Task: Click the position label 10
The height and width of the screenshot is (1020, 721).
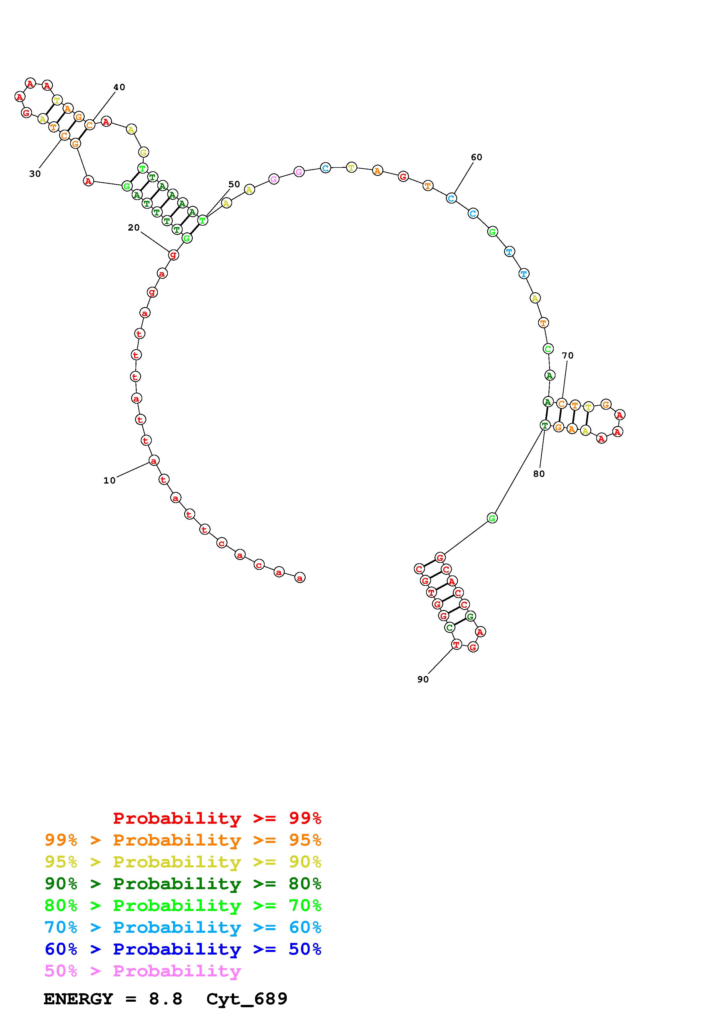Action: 109,480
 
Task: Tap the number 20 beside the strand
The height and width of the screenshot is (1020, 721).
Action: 134,227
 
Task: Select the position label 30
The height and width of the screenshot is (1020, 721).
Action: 35,174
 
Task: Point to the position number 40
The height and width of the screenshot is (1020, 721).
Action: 119,87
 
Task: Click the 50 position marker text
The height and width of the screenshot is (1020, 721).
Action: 234,184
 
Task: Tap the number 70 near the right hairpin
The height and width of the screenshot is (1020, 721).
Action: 568,355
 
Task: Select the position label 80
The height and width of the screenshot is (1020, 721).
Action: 539,474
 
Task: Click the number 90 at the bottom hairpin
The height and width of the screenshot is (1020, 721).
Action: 423,679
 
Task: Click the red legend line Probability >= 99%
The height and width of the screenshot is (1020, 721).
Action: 217,818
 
